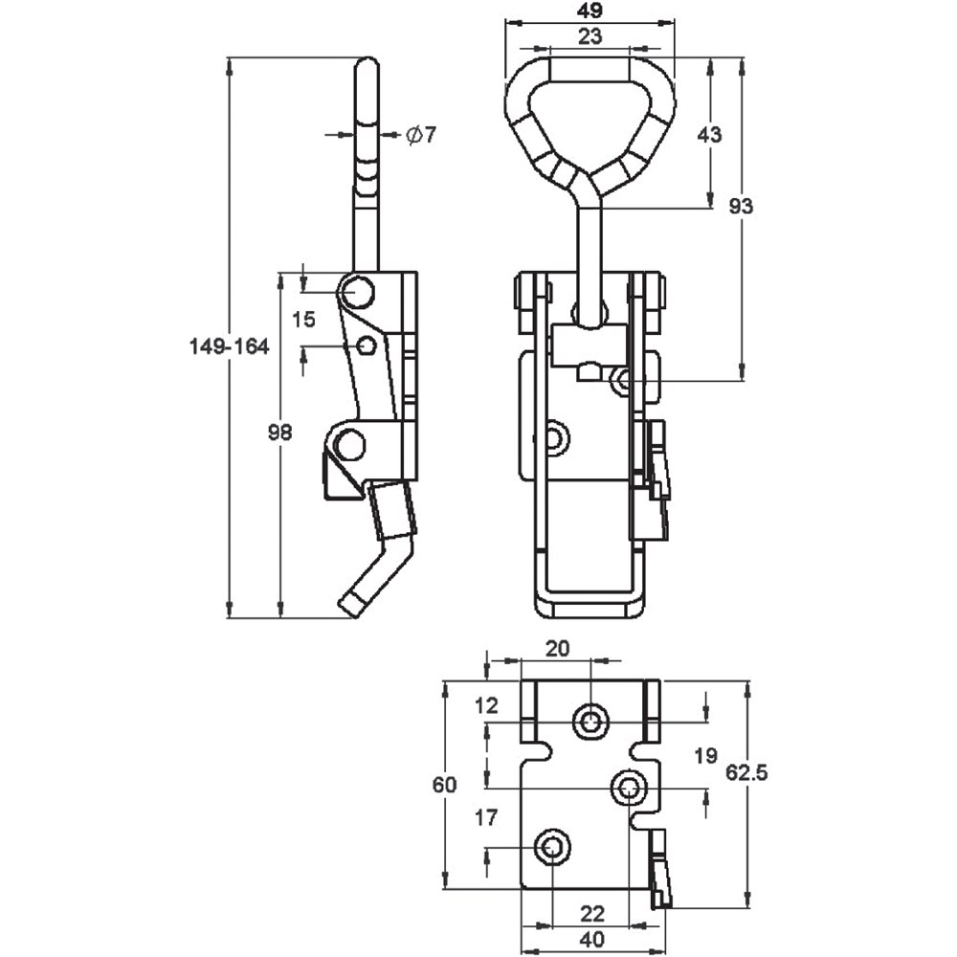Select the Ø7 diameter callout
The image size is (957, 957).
[x=420, y=135]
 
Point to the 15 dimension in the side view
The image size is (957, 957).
[x=302, y=320]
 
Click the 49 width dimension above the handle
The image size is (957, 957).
[x=590, y=12]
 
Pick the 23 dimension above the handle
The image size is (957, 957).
[x=590, y=35]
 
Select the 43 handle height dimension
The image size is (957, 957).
[x=709, y=134]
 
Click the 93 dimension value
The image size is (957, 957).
[x=741, y=206]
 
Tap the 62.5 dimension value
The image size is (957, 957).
[x=746, y=773]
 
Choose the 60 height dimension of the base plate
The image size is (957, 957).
[x=444, y=785]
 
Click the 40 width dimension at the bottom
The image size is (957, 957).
[x=591, y=940]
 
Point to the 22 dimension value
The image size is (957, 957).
[x=591, y=912]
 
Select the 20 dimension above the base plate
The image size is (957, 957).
[x=557, y=648]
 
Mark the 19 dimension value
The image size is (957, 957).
[x=705, y=756]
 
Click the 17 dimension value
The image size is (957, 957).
[x=485, y=818]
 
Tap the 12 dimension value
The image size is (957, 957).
[x=486, y=706]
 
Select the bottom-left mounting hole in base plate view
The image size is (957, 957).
[x=552, y=847]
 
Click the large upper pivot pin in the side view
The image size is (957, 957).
[x=358, y=291]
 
